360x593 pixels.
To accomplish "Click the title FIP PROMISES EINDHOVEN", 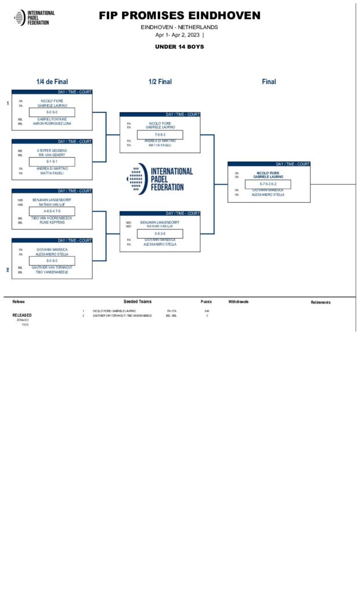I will pyautogui.click(x=179, y=16).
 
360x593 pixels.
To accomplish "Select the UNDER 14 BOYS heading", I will pyautogui.click(x=179, y=46).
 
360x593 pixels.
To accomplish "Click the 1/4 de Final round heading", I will pyautogui.click(x=52, y=82).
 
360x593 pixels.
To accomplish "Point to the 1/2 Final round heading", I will pyautogui.click(x=160, y=82).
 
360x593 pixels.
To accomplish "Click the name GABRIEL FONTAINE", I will pyautogui.click(x=52, y=119).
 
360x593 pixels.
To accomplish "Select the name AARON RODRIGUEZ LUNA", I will pyautogui.click(x=52, y=123).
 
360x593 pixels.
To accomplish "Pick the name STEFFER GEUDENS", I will pyautogui.click(x=52, y=151).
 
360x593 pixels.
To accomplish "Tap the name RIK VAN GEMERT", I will pyautogui.click(x=52, y=155).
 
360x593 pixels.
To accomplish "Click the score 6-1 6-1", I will pyautogui.click(x=52, y=162).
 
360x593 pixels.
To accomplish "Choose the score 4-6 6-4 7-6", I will pyautogui.click(x=52, y=211).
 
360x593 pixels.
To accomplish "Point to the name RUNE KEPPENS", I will pyautogui.click(x=52, y=222).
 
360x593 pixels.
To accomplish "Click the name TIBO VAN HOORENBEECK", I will pyautogui.click(x=52, y=218).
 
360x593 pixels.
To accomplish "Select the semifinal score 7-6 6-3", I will pyautogui.click(x=160, y=134).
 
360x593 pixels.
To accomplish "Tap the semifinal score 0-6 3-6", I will pyautogui.click(x=160, y=233).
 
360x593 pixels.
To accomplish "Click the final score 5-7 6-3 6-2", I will pyautogui.click(x=268, y=184).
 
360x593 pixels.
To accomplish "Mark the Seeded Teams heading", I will pyautogui.click(x=138, y=302).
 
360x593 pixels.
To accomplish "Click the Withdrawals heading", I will pyautogui.click(x=238, y=302).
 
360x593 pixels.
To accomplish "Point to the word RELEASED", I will pyautogui.click(x=22, y=315).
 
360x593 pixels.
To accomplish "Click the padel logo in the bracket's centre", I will pyautogui.click(x=137, y=179).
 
